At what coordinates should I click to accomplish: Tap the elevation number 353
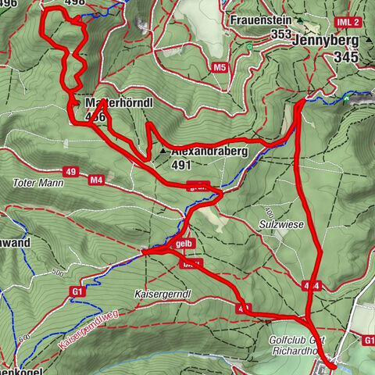point(281,34)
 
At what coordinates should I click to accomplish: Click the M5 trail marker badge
point(220,67)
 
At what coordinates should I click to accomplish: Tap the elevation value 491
point(181,166)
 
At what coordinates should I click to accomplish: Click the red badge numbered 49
point(71,171)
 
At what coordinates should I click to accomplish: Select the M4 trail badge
point(96,180)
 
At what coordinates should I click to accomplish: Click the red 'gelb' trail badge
point(184,244)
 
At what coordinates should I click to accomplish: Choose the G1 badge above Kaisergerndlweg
point(77,292)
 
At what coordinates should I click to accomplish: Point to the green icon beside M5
point(248,47)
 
